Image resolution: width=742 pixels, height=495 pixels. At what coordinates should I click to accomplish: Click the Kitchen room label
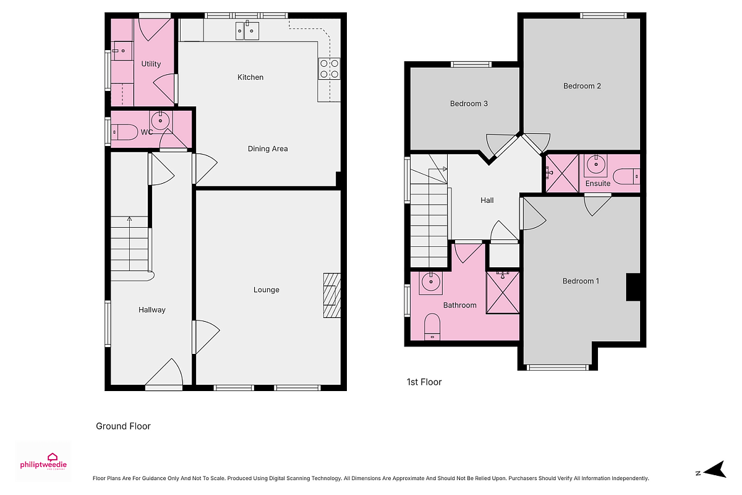250,77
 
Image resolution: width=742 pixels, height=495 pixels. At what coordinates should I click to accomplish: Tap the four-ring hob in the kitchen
329,69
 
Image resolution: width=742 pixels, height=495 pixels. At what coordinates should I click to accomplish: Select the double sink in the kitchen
247,30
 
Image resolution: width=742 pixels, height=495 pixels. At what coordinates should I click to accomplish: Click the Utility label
151,64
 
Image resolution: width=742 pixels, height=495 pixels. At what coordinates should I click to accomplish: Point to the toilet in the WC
124,132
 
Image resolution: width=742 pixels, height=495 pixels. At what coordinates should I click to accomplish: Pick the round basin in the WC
161,120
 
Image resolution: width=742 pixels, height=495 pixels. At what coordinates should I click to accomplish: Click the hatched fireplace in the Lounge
332,295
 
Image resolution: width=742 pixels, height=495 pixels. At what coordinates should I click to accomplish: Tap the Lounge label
267,290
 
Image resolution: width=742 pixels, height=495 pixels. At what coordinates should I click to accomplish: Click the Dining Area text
268,149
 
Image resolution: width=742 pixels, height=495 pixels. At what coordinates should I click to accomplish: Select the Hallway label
151,309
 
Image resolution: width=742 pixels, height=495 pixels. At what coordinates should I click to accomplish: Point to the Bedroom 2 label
582,86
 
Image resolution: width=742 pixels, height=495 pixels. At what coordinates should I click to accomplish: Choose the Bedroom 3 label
469,104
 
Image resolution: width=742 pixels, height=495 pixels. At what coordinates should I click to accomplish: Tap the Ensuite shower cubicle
562,173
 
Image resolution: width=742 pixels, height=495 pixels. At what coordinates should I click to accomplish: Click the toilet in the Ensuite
626,176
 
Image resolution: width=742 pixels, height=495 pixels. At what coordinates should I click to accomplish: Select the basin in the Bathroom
430,283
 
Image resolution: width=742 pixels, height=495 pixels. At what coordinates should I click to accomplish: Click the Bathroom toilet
432,327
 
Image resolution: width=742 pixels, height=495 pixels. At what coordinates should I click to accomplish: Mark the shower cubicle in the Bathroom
503,293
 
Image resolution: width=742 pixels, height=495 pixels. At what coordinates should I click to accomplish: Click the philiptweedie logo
43,462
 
